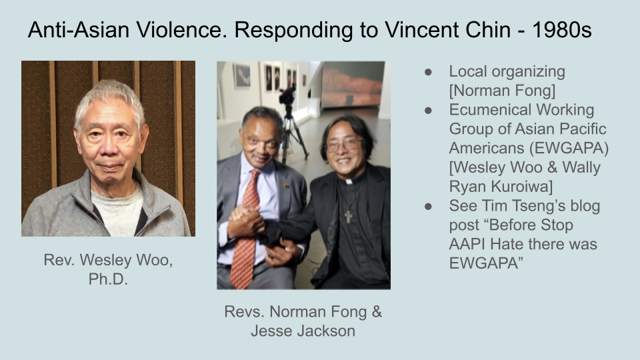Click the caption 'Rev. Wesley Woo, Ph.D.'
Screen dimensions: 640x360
click(x=108, y=269)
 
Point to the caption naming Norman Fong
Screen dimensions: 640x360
click(x=303, y=321)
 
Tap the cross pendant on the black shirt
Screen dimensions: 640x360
click(x=348, y=216)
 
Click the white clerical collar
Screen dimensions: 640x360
click(x=349, y=181)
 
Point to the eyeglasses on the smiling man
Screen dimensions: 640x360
click(x=345, y=145)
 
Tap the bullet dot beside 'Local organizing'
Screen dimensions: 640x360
click(x=428, y=72)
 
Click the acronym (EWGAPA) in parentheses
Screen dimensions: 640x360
click(x=569, y=148)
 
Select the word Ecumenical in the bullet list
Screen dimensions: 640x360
click(x=490, y=110)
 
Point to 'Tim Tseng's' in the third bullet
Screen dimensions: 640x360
click(x=525, y=206)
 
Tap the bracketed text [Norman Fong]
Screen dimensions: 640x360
click(x=503, y=91)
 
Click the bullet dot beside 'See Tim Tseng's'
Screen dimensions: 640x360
click(x=428, y=207)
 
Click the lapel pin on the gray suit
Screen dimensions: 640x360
click(x=287, y=186)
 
